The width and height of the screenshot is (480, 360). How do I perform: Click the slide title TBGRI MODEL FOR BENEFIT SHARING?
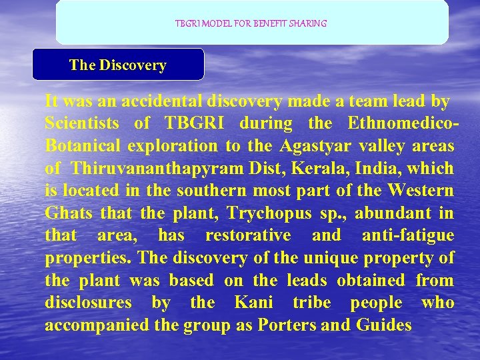[x=251, y=23]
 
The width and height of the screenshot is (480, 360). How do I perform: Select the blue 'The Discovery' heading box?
[x=118, y=65]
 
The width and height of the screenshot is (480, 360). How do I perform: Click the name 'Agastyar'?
[x=314, y=146]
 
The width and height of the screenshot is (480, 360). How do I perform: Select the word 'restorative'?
[x=248, y=235]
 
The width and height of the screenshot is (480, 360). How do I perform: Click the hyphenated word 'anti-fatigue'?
[x=407, y=235]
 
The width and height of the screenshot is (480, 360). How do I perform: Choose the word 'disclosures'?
[x=88, y=303]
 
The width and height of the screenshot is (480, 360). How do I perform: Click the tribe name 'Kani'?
[x=254, y=303]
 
